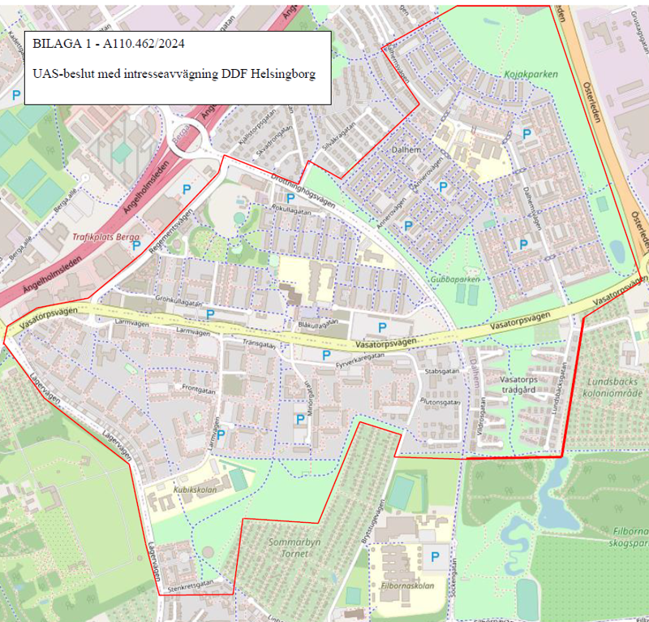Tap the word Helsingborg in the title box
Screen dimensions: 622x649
276,73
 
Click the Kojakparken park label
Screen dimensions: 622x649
531,74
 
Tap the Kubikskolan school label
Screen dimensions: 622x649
192,490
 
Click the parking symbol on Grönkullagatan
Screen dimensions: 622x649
211,313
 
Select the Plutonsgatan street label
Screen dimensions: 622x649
441,401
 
